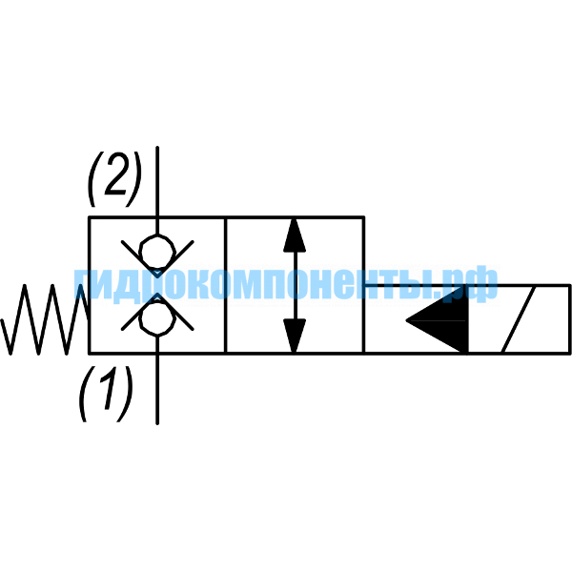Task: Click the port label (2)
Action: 114,179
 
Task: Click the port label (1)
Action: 106,394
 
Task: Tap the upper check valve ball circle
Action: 157,252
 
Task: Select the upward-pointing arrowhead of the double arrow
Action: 295,235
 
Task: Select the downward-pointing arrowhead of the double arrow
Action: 295,336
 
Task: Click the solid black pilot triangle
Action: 437,320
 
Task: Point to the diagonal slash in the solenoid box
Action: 518,320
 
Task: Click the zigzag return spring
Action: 45,319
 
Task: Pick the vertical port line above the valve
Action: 157,190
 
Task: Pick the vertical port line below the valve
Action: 157,380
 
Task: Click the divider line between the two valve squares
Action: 226,286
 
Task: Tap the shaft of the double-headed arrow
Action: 295,286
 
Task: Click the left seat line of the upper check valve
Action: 140,259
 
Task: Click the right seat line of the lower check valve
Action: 175,311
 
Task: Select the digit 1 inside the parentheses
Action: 108,391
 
